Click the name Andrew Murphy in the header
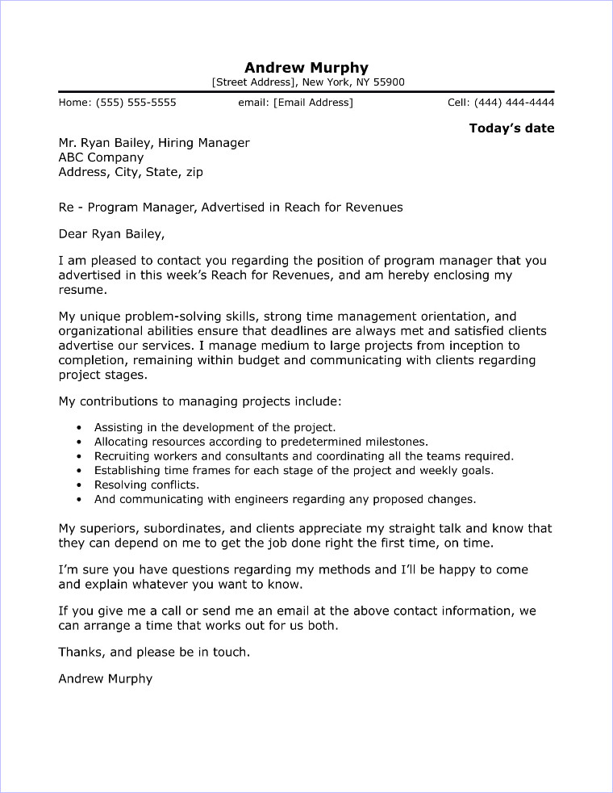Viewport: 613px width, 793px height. [x=306, y=67]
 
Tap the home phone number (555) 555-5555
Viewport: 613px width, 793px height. [x=136, y=103]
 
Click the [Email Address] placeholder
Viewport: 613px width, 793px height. [x=313, y=103]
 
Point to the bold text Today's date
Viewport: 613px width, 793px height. [x=511, y=128]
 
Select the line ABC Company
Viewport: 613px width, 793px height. [x=101, y=157]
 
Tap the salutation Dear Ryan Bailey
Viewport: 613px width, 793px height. [x=111, y=234]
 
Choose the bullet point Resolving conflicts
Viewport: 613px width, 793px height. [x=146, y=485]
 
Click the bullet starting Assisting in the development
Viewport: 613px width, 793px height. [x=215, y=427]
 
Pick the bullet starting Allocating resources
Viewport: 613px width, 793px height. [x=261, y=442]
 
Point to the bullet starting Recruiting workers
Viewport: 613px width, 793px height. [x=303, y=456]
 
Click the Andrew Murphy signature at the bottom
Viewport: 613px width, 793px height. [x=105, y=678]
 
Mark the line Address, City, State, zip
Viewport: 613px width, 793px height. [x=131, y=172]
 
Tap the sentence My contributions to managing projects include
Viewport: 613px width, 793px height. [x=200, y=401]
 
